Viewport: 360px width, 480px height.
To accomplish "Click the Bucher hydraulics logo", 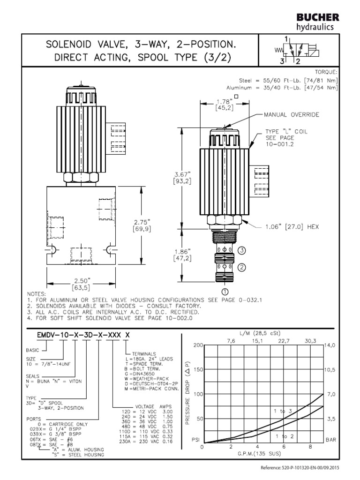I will [x=317, y=22].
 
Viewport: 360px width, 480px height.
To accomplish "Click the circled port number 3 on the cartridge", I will [x=242, y=250].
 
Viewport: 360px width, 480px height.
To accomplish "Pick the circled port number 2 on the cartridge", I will [x=242, y=268].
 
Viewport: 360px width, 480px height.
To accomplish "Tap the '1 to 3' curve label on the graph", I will [x=283, y=411].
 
